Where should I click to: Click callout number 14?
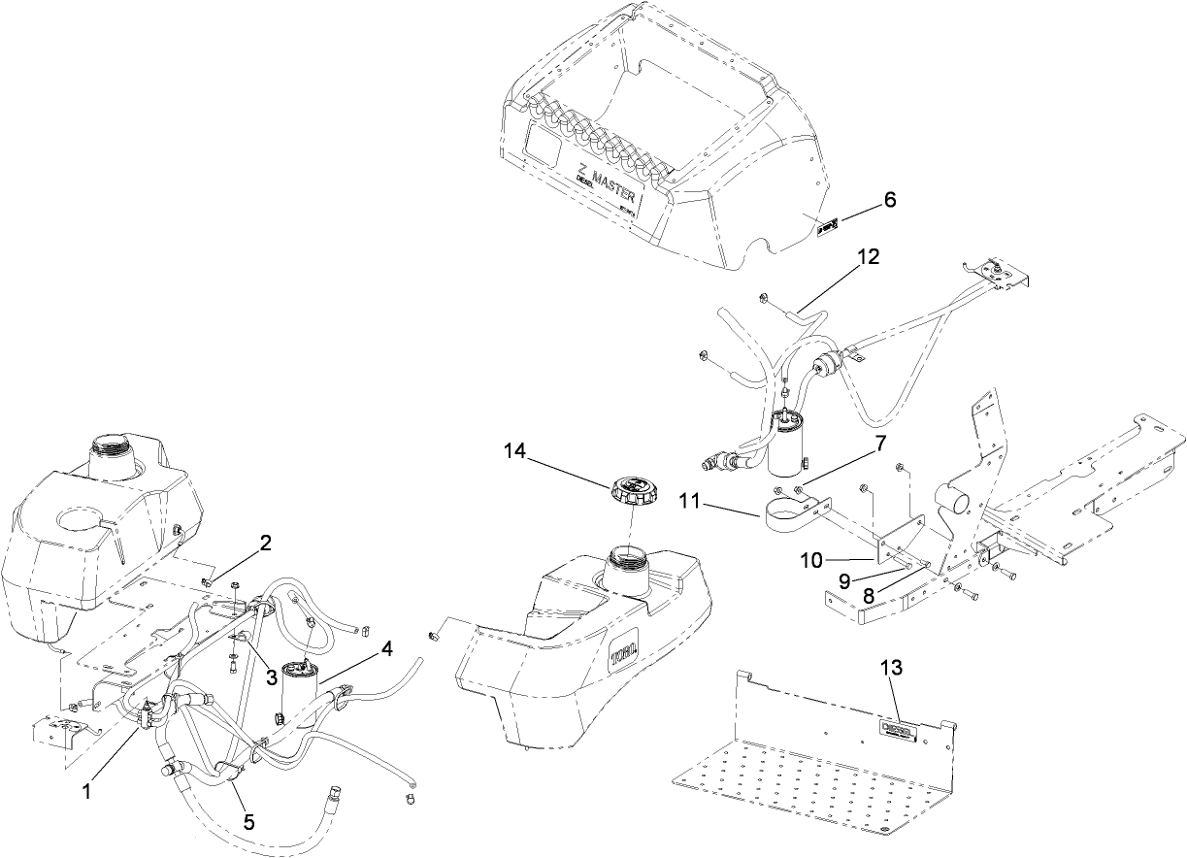coord(514,450)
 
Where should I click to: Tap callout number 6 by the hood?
coord(889,200)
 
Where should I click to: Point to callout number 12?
coord(868,256)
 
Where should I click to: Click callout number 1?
coord(86,792)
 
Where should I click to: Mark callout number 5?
coord(248,821)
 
